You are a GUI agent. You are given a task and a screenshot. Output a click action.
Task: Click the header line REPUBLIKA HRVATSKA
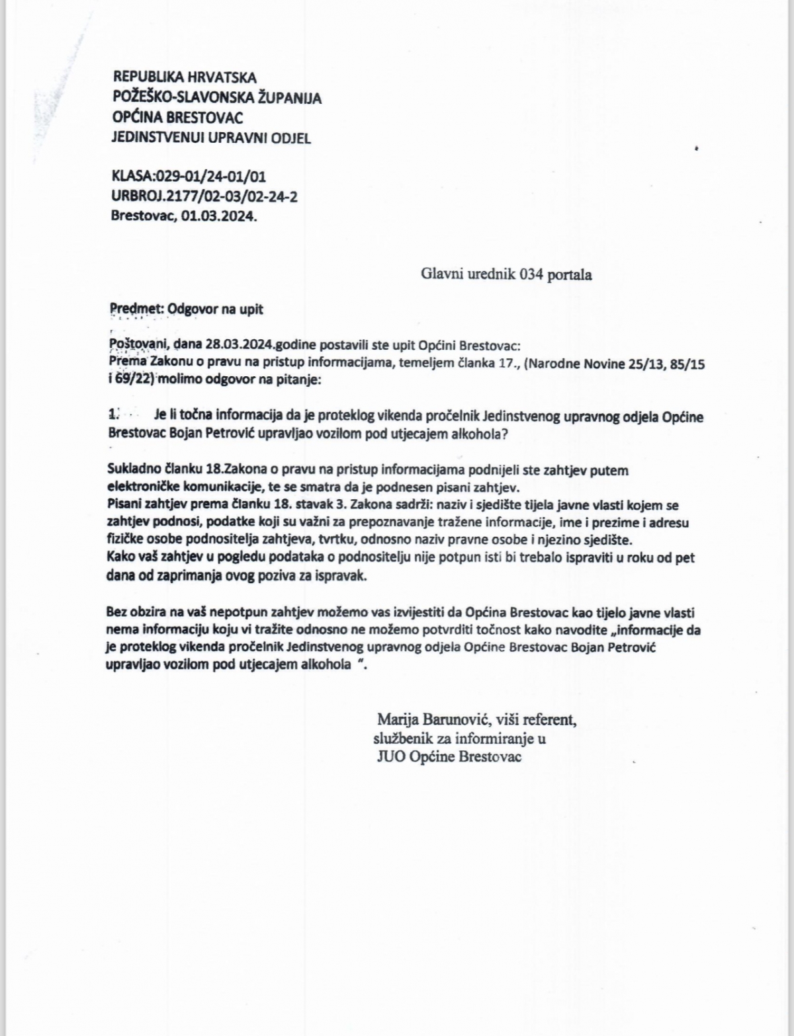185,78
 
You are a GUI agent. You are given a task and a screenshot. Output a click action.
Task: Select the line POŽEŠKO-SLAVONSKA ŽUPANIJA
218,98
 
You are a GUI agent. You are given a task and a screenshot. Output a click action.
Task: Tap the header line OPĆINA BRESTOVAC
178,118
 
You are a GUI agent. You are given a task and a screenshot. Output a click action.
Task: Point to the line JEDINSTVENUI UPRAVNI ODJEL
211,138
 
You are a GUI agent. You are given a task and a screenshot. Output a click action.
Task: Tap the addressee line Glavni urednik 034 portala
506,274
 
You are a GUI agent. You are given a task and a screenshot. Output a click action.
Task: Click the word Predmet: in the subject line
137,308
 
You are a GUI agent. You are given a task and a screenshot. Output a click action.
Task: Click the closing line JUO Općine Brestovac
449,756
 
